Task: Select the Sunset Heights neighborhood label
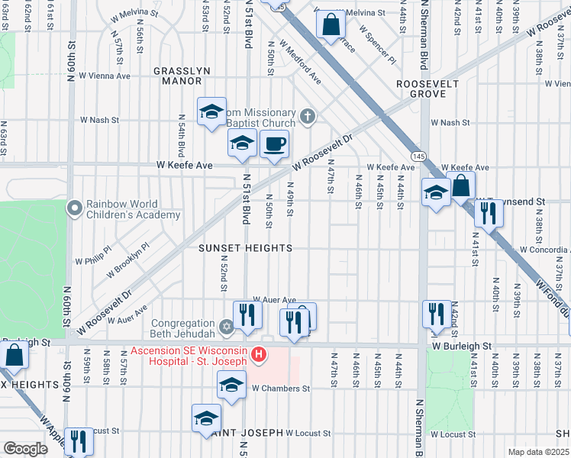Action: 245,249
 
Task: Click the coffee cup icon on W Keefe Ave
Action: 274,143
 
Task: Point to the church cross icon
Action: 307,116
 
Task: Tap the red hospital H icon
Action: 260,354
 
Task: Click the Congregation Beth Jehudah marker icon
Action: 226,327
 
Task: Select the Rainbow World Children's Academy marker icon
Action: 74,208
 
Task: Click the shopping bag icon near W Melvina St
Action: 330,24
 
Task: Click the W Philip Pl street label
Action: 92,260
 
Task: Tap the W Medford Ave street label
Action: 299,62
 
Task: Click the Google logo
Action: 26,448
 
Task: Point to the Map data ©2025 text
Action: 537,452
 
